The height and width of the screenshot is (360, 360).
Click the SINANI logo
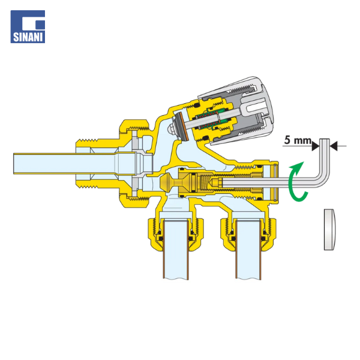point(28,26)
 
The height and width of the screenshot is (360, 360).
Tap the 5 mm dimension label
point(298,140)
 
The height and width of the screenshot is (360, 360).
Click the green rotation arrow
point(297,181)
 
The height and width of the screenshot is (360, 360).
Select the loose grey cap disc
point(329,229)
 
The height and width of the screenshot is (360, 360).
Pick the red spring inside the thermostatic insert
point(209,121)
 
